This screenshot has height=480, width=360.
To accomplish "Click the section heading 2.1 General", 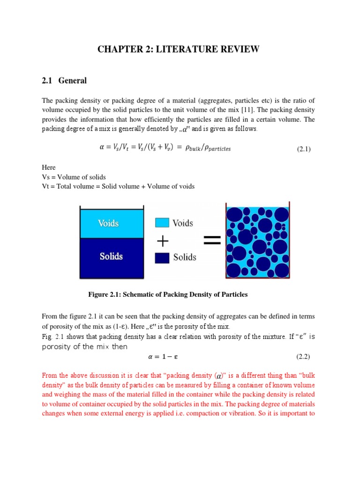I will (64, 81).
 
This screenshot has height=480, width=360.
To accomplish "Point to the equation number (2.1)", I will (304, 149).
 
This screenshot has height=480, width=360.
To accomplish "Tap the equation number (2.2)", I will (304, 357).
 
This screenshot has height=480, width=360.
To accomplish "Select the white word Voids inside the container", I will (108, 223).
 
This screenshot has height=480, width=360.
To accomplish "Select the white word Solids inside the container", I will (111, 256).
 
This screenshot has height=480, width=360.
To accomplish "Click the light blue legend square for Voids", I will (162, 223).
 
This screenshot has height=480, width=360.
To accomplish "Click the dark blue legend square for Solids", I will (162, 257).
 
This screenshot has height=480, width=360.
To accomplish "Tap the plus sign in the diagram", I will (163, 240).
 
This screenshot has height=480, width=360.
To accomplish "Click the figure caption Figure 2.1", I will (168, 294).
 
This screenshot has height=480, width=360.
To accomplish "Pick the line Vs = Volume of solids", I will (74, 177).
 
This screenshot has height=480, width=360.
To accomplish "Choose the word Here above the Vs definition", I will (49, 167).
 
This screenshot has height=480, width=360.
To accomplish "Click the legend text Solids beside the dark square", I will (185, 257).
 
